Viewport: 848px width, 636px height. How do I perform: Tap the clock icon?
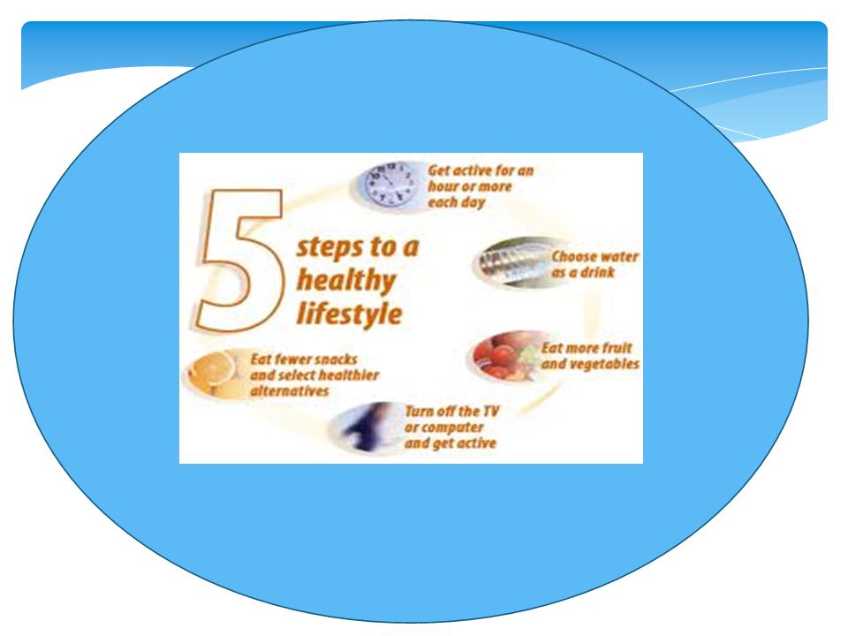[x=390, y=184]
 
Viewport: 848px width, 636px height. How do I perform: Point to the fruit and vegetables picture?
[x=503, y=356]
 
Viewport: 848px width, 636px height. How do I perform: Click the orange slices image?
[x=213, y=372]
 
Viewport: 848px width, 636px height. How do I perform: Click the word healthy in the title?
[x=346, y=282]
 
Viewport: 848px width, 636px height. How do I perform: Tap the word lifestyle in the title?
[x=350, y=314]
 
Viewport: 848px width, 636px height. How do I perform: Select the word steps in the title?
[x=329, y=247]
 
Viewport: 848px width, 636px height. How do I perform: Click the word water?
[x=617, y=256]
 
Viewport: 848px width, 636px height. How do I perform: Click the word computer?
[x=451, y=428]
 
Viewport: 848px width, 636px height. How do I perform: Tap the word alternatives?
[x=290, y=391]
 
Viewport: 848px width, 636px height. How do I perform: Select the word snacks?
[x=336, y=360]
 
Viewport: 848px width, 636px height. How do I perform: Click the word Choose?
[x=572, y=256]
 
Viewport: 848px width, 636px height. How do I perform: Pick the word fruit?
[x=617, y=348]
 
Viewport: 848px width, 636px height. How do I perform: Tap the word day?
[x=473, y=203]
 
